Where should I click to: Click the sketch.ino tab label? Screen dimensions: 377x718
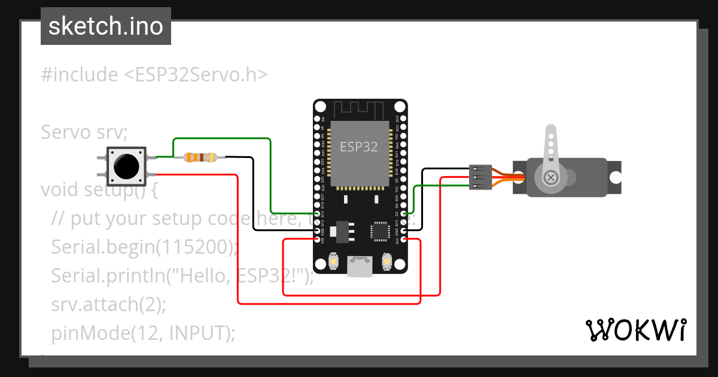tap(105, 26)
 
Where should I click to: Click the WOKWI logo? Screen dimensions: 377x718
tap(635, 330)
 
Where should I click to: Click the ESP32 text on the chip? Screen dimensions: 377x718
tap(359, 147)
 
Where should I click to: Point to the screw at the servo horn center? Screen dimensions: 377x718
tap(550, 177)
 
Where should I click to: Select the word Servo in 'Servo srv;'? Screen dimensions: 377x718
tap(62, 132)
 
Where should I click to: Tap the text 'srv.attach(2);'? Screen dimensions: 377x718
tap(108, 304)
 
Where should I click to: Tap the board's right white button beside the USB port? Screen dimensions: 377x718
tap(386, 262)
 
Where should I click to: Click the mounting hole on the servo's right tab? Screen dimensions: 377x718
tap(615, 177)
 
